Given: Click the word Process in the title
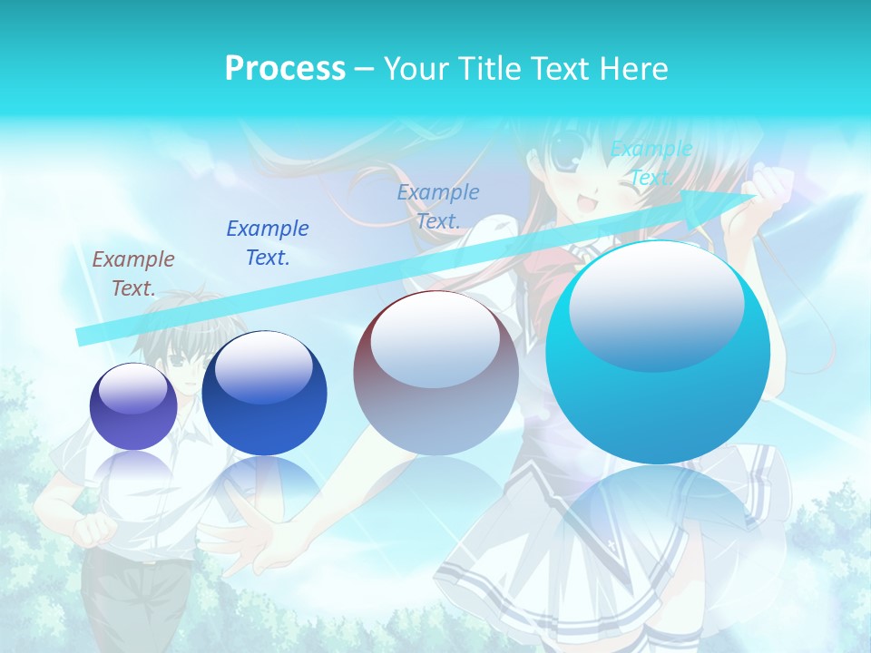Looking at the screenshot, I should pos(285,69).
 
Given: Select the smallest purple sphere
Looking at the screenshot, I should pos(133,406).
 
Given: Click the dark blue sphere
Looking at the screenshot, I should pos(264,394).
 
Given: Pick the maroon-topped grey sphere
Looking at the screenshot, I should pos(435,373).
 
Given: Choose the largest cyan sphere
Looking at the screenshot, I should pos(658,353).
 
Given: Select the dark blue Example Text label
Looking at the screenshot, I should pos(268,243).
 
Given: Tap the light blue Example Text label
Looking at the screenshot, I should pos(438,206).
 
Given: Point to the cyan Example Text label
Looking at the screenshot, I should pos(651,163).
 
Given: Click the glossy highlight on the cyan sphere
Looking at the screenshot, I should pos(656,304).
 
